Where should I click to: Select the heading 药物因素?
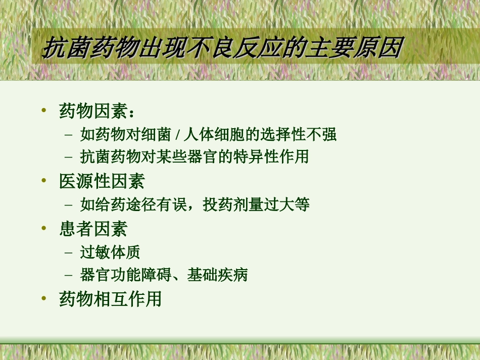(x=93, y=111)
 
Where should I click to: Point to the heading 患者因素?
(x=93, y=229)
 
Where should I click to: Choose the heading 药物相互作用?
(x=111, y=299)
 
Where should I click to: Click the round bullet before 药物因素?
(x=44, y=110)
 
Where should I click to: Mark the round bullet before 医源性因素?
(x=44, y=181)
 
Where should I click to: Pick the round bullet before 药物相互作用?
(x=44, y=298)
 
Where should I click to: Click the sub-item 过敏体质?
(x=110, y=252)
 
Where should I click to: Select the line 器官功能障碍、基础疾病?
(x=164, y=275)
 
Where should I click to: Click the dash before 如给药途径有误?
(x=69, y=205)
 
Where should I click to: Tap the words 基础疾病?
(x=217, y=275)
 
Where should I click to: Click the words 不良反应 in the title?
(x=234, y=49)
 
